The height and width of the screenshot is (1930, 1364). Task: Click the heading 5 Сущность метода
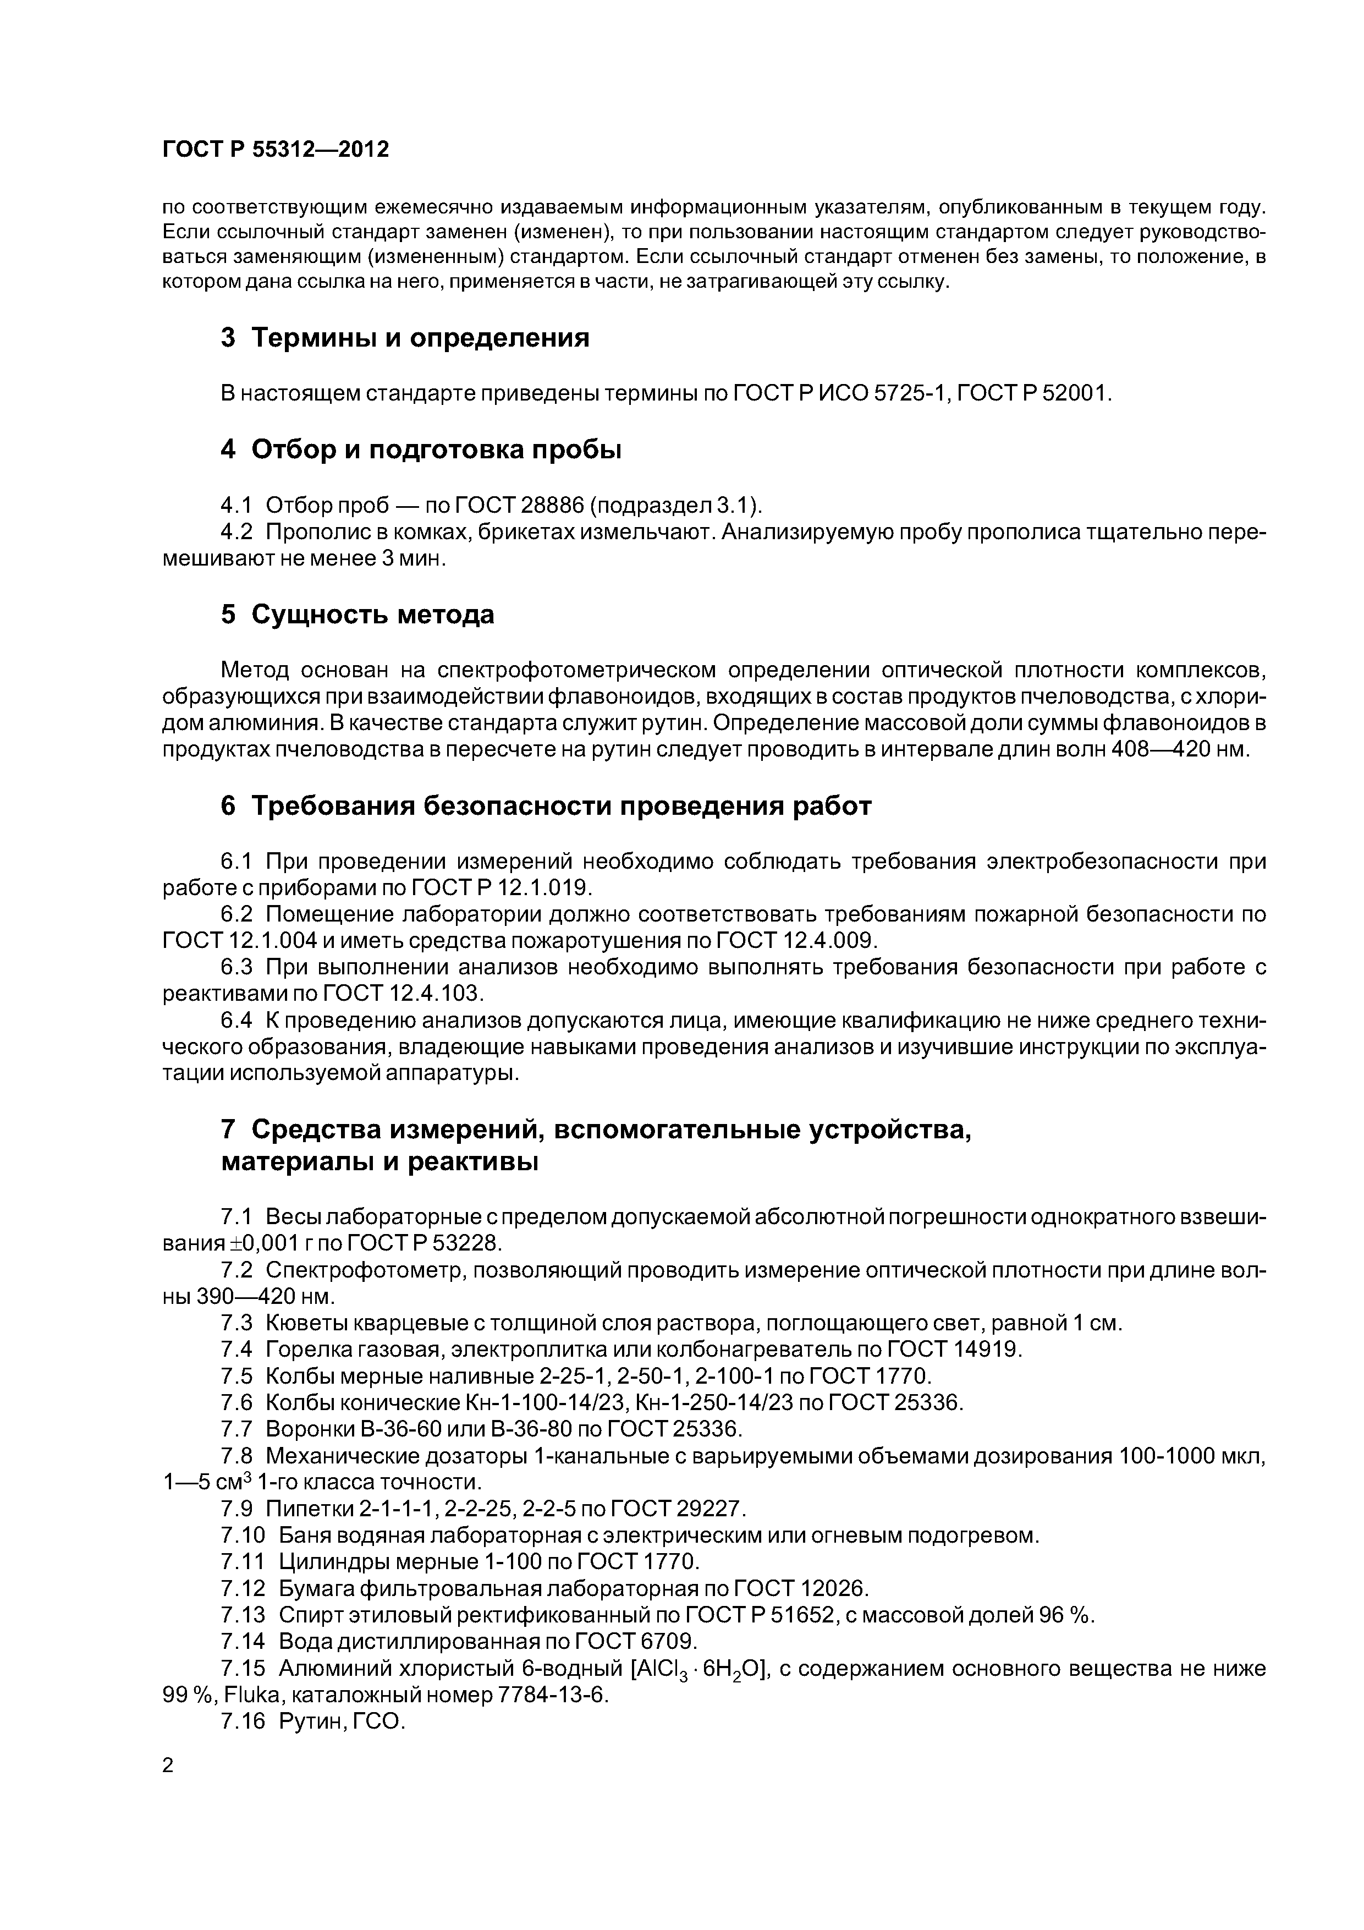tap(357, 615)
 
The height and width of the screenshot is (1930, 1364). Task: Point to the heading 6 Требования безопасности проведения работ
tap(546, 806)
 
